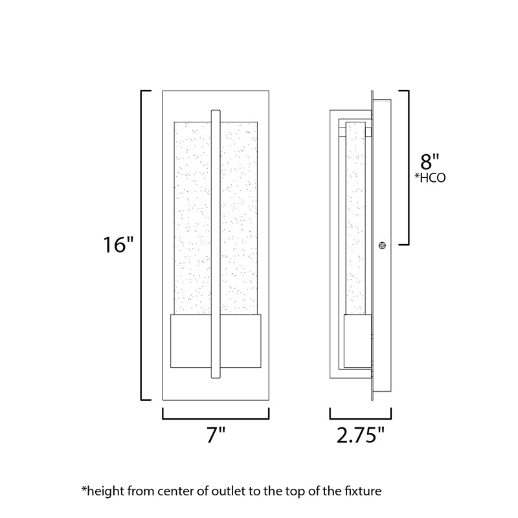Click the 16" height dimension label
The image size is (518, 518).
coord(118,245)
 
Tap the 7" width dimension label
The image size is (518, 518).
coord(216,434)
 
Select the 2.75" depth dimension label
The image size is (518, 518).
coord(361,434)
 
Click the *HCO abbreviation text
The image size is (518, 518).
coord(430,177)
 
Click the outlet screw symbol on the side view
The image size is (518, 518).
coord(382,245)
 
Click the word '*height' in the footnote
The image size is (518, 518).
coord(103,491)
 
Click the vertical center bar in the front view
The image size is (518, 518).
coord(216,244)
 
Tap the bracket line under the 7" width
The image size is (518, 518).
coord(216,419)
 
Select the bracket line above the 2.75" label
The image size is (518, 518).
coord(361,419)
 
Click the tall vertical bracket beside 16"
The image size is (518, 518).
coord(142,245)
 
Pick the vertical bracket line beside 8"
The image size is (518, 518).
coord(409,168)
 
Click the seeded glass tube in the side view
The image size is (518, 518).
coord(355,218)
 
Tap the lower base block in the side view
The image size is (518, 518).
coord(357,341)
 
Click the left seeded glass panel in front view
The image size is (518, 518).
coord(192,218)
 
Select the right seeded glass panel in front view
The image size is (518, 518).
coord(239,218)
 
